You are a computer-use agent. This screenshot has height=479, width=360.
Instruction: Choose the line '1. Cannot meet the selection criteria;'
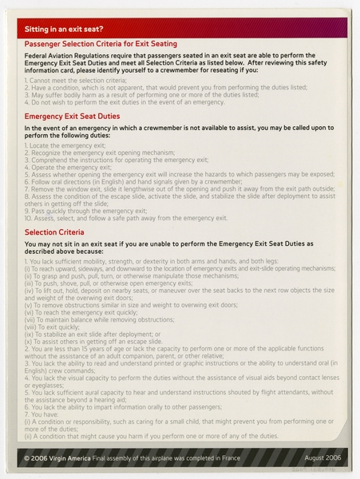coord(74,81)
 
